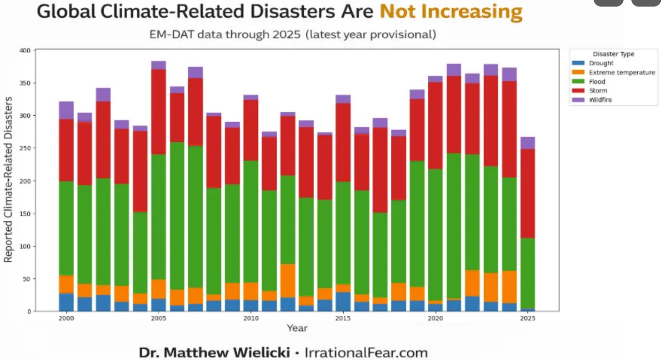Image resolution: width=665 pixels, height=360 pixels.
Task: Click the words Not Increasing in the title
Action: pyautogui.click(x=451, y=12)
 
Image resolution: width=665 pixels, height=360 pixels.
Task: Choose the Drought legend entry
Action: pyautogui.click(x=601, y=63)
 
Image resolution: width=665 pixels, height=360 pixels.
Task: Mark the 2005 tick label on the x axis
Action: pyautogui.click(x=158, y=318)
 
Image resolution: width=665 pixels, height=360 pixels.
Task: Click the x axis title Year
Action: pyautogui.click(x=297, y=328)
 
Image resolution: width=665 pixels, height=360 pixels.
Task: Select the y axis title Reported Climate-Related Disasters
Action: pyautogui.click(x=8, y=180)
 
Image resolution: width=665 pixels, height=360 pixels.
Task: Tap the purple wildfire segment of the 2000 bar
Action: pyautogui.click(x=66, y=110)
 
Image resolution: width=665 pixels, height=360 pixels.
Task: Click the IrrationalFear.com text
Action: pyautogui.click(x=366, y=352)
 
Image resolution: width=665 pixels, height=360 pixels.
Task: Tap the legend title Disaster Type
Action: pyautogui.click(x=613, y=54)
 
